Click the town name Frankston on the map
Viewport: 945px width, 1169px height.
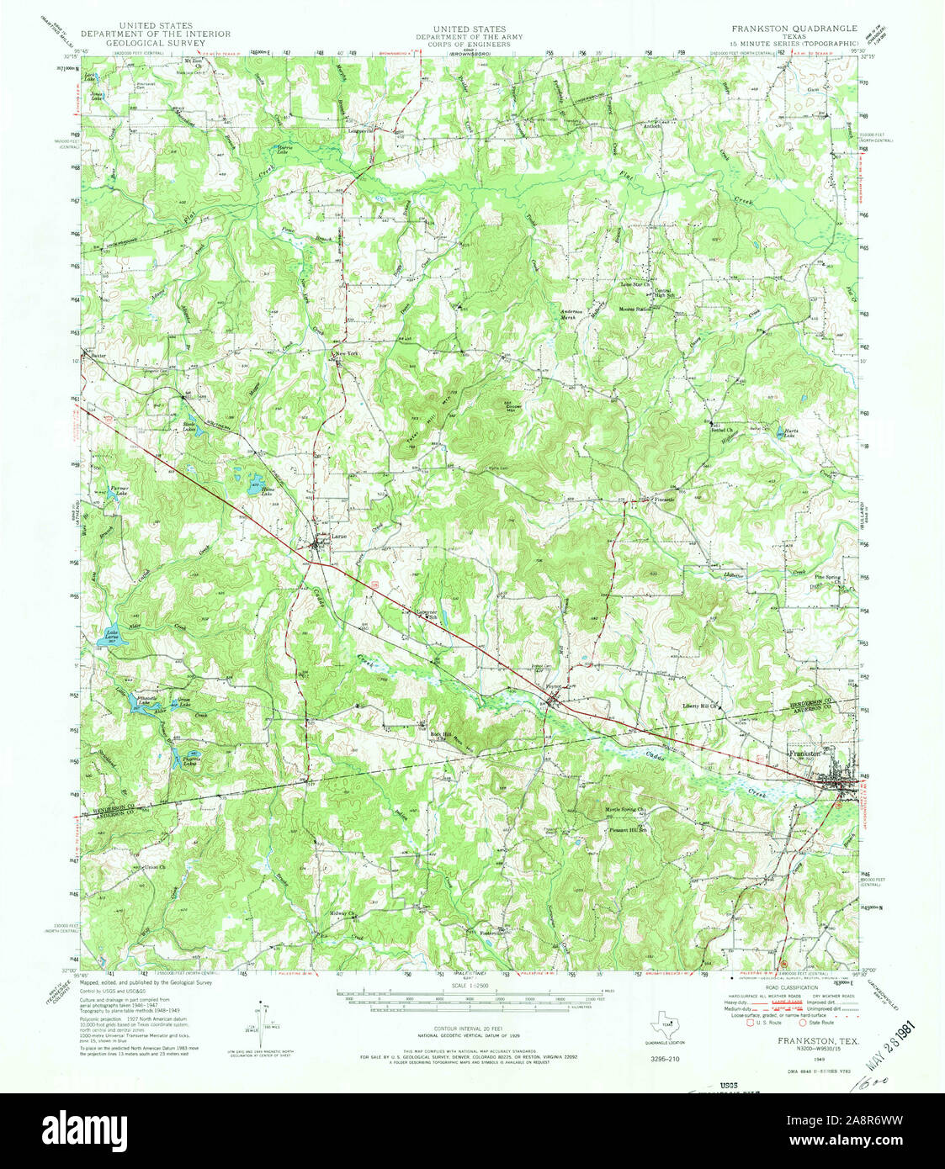805,754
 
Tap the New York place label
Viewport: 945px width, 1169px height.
347,355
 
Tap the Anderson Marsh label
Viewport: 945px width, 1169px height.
572,315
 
